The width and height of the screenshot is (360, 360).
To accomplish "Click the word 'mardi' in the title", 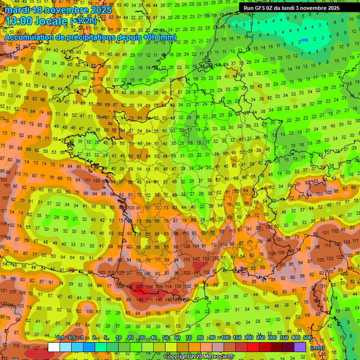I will (x=17, y=10).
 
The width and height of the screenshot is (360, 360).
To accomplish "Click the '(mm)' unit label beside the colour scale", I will (x=317, y=348).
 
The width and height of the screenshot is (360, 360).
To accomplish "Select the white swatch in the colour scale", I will (x=54, y=347).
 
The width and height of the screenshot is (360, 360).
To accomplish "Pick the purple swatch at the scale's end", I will (x=300, y=347).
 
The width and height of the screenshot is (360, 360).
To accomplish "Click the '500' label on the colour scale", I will (x=307, y=338).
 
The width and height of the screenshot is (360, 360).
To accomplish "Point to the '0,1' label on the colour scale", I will (x=60, y=338).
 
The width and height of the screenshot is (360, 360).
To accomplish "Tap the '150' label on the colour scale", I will (x=237, y=338).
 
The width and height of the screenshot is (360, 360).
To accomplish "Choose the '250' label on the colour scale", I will (x=261, y=338).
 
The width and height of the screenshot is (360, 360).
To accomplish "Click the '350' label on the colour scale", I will (x=284, y=338).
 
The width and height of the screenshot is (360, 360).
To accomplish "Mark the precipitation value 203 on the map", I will (x=139, y=286).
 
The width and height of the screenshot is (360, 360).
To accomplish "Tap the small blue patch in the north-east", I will (x=305, y=40).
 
